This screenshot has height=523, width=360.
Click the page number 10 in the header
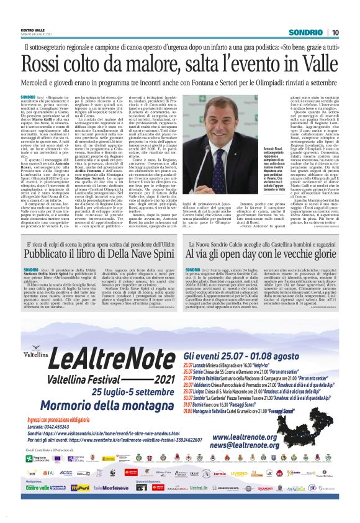335,32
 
